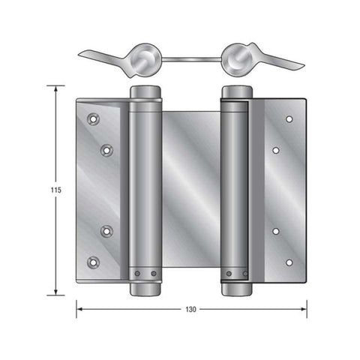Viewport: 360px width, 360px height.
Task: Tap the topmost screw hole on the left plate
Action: click(x=93, y=118)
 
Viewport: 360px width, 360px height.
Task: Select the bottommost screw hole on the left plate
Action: click(x=93, y=262)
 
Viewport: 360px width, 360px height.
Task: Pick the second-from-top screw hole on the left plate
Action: click(x=106, y=150)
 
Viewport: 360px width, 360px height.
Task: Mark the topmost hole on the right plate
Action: click(x=289, y=118)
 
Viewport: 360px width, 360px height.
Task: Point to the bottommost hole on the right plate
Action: click(x=289, y=262)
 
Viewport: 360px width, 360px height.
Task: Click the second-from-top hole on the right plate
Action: click(x=276, y=150)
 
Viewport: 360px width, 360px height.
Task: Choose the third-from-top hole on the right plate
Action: click(x=276, y=230)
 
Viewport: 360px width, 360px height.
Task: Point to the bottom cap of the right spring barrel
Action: click(x=236, y=288)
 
